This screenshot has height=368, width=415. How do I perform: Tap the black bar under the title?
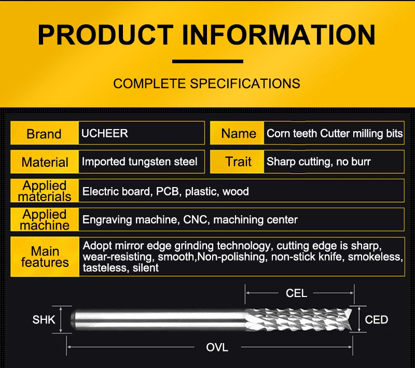[x=208, y=61]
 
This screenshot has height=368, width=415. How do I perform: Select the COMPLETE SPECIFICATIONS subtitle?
[x=206, y=83]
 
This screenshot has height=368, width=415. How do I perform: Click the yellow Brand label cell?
[x=44, y=134]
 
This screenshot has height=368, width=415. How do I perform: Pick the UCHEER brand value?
[x=104, y=133]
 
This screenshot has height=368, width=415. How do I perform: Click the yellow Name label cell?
[x=238, y=134]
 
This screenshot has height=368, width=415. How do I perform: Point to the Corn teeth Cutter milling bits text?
[x=335, y=134]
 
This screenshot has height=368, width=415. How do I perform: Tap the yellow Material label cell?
[x=45, y=162]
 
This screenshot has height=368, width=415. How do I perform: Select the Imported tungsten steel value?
[x=140, y=162]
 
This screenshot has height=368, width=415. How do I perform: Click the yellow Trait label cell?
[x=238, y=162]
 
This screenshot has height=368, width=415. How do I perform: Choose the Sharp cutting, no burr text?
[x=319, y=162]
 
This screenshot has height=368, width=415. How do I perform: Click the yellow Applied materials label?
[x=45, y=191]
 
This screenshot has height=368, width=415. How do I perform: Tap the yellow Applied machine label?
[x=45, y=220]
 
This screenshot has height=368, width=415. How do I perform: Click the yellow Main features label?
[x=45, y=257]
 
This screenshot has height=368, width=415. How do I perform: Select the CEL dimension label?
[x=296, y=293]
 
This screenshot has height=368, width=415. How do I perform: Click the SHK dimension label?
[x=44, y=320]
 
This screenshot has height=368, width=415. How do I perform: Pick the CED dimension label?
[x=377, y=320]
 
